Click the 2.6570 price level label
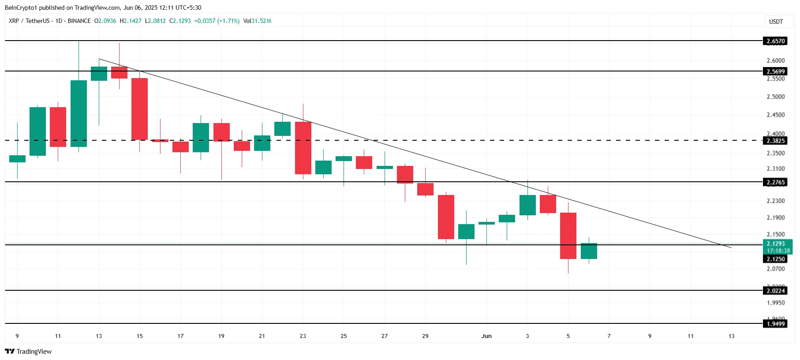pos(775,41)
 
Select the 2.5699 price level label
pos(775,71)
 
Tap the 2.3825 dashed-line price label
pos(775,141)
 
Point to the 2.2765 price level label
pos(775,182)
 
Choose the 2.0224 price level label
pos(775,290)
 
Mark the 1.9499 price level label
pos(775,324)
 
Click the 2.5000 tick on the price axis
pos(775,97)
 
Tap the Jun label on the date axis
pos(486,336)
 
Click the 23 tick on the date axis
pos(303,336)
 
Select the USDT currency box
pos(776,22)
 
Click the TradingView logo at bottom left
pos(28,352)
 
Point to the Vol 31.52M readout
pos(257,21)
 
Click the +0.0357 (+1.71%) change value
pos(217,21)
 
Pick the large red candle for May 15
pos(139,109)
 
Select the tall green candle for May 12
pos(79,113)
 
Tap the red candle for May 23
pos(303,148)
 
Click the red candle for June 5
pos(568,236)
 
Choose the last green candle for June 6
pos(589,251)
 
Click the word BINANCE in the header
pos(79,21)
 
